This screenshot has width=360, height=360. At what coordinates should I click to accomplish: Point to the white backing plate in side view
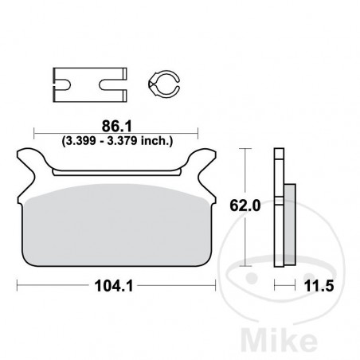click(278, 207)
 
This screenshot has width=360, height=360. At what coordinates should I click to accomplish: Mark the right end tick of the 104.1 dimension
click(218, 284)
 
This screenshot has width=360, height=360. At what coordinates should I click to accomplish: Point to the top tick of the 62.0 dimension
click(247, 149)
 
